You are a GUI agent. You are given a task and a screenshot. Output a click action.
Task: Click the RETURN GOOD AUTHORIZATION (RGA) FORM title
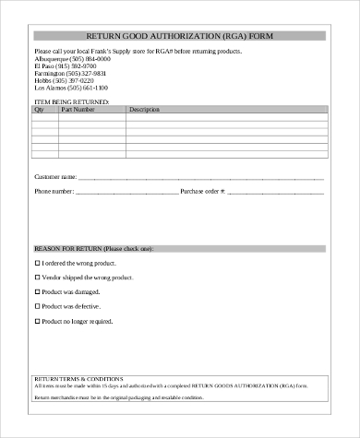click(179, 35)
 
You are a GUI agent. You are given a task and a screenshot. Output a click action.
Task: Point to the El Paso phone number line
click(61, 65)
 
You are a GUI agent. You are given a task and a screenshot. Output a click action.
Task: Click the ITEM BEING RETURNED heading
click(71, 101)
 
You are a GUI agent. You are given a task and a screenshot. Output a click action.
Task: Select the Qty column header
click(39, 110)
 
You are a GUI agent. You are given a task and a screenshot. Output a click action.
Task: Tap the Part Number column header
click(77, 110)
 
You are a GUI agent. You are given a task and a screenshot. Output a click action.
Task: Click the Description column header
click(144, 110)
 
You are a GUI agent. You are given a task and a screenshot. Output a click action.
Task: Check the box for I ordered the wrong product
click(37, 263)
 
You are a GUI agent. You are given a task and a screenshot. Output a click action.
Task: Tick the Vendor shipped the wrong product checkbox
click(37, 278)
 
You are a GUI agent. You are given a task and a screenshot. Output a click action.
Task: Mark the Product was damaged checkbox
click(37, 292)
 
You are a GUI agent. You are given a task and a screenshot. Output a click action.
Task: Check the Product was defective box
click(37, 307)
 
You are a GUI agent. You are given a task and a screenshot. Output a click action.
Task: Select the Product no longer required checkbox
click(37, 322)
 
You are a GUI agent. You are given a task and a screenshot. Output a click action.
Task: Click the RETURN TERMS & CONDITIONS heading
click(78, 378)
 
